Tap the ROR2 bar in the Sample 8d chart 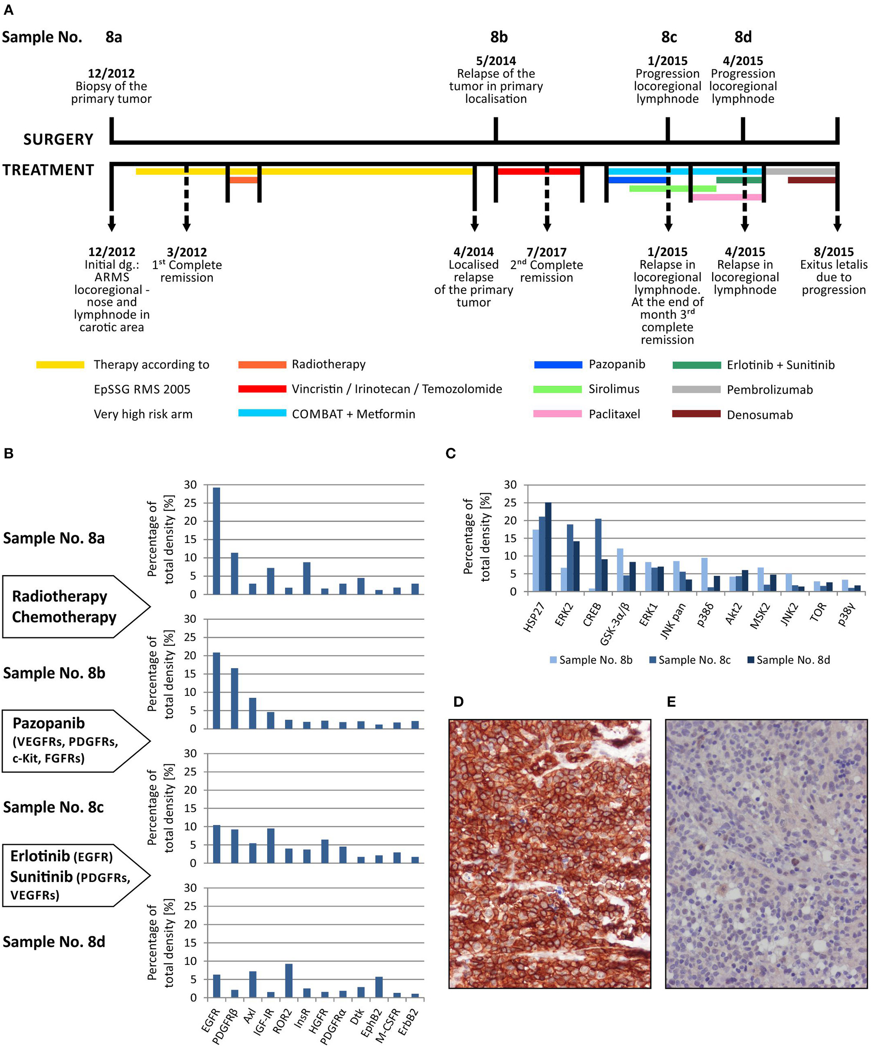(x=288, y=981)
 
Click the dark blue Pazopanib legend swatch (x=557, y=365)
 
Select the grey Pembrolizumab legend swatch (x=696, y=389)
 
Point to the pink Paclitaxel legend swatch (x=557, y=414)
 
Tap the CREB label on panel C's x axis (x=592, y=614)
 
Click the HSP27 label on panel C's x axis (x=533, y=617)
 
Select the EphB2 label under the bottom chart (x=372, y=1023)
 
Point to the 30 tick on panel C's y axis (x=510, y=484)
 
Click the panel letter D (x=459, y=701)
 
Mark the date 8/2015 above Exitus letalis (x=834, y=252)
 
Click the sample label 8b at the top (x=499, y=37)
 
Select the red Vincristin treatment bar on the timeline (x=539, y=171)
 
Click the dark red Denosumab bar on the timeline (x=811, y=180)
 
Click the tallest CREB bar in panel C (x=598, y=555)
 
